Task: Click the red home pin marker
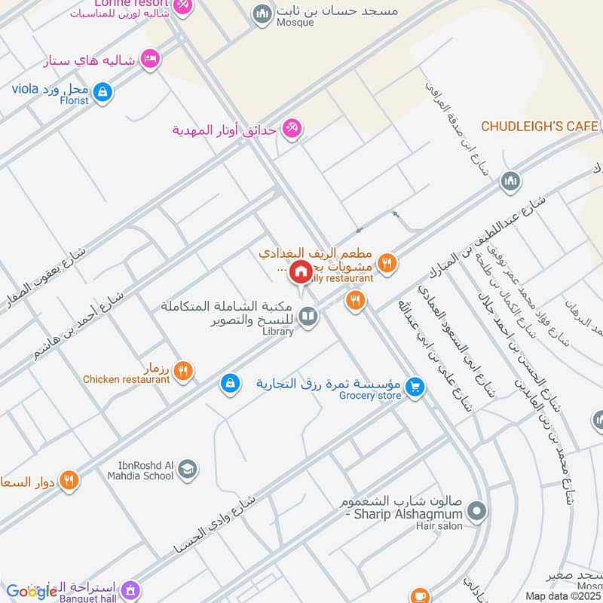click(301, 272)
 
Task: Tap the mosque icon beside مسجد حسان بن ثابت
click(262, 14)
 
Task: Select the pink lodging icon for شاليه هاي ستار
click(151, 59)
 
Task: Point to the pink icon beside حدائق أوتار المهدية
click(292, 130)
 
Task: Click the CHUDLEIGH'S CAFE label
click(540, 126)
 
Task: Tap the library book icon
click(308, 317)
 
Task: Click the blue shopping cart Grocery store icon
click(414, 387)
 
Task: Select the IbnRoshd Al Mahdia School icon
click(188, 470)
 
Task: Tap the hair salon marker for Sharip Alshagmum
click(476, 513)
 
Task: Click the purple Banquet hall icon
click(131, 588)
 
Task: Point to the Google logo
click(32, 591)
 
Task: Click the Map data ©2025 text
click(562, 595)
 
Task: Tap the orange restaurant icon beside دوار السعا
click(69, 479)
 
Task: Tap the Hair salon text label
click(439, 526)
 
